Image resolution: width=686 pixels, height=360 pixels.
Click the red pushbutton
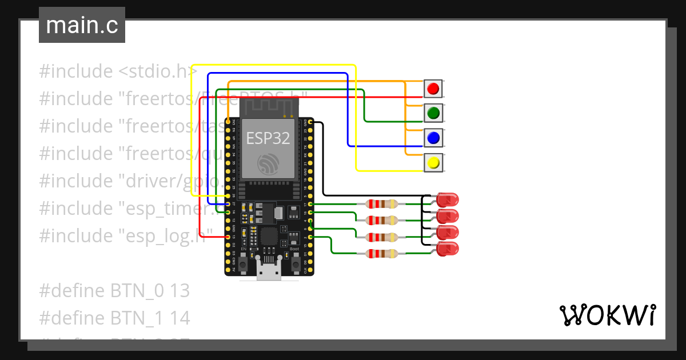point(433,89)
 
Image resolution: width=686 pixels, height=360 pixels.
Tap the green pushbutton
point(433,113)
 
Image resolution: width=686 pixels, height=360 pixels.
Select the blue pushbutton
point(433,138)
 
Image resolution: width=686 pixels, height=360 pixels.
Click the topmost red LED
point(447,200)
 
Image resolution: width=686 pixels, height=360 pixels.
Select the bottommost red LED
point(447,249)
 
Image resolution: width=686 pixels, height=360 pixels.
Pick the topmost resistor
point(381,204)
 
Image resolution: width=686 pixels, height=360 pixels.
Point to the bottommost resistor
point(381,254)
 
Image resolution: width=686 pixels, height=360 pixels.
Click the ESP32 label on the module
point(268,138)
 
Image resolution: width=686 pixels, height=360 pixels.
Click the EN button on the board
point(243,265)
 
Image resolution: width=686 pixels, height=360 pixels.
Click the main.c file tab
point(82,26)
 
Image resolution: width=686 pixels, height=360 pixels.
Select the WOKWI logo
point(607,315)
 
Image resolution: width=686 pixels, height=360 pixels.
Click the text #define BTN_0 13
point(114,291)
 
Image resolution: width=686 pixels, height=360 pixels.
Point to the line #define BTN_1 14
point(114,318)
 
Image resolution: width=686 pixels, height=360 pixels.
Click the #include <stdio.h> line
point(118,72)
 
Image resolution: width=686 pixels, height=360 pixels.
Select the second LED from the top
point(447,217)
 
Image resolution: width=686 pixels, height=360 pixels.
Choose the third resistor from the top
point(381,237)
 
